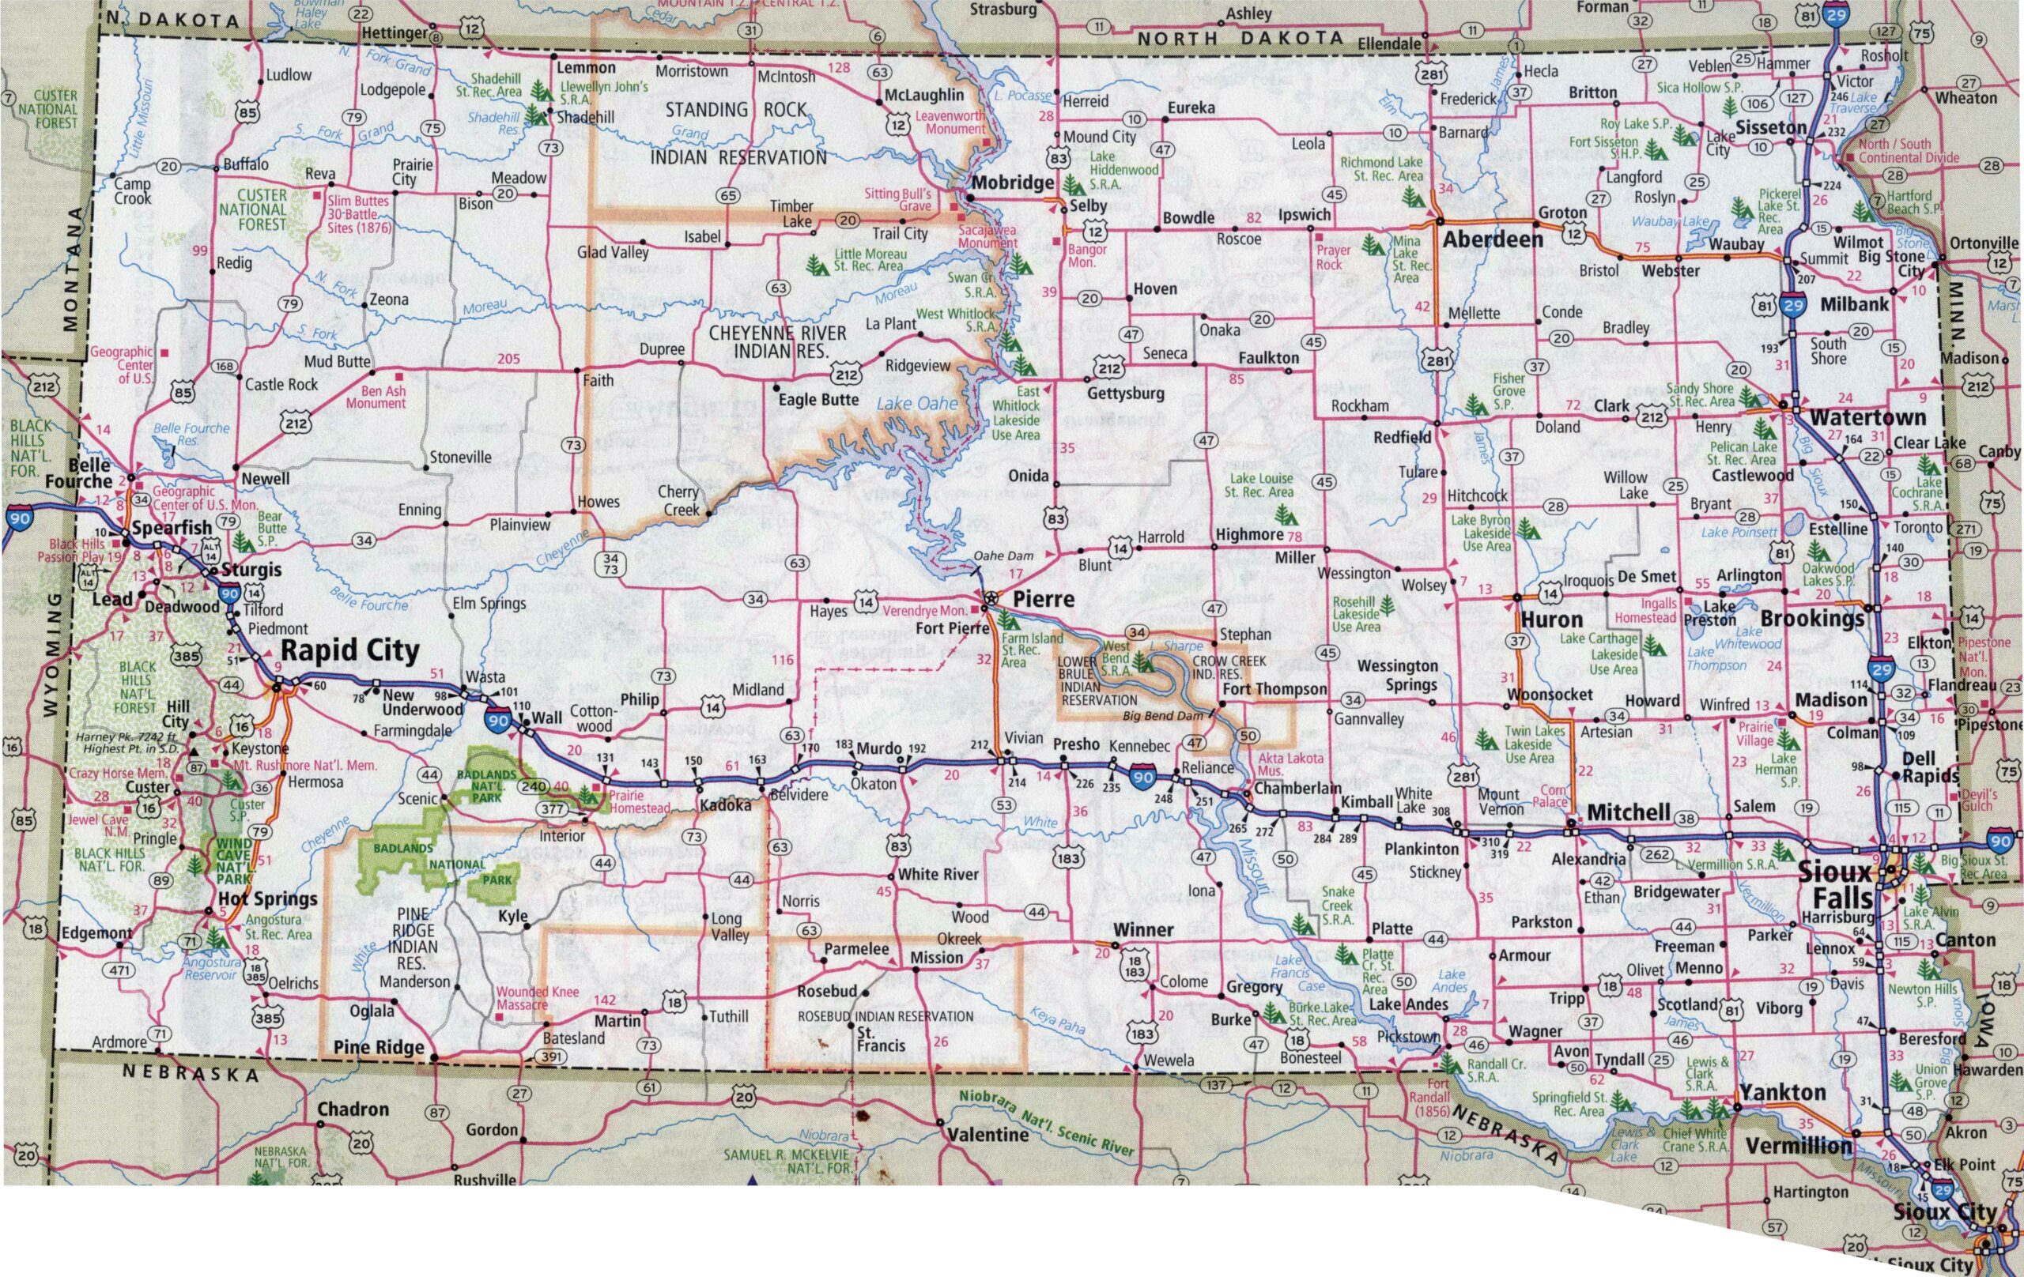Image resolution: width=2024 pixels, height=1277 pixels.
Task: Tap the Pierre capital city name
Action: click(x=1043, y=599)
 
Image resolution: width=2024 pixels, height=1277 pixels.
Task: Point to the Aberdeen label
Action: click(x=1493, y=239)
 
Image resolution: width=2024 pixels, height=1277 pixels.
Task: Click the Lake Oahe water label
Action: click(x=917, y=404)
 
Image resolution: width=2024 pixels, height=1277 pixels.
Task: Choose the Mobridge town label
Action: click(x=1012, y=183)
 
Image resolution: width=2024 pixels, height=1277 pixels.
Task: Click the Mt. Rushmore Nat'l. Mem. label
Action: click(x=305, y=766)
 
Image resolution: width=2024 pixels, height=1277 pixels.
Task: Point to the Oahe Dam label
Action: click(x=1003, y=556)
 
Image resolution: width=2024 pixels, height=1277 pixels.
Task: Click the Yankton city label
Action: click(x=1783, y=1092)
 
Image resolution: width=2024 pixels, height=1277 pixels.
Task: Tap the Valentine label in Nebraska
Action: click(x=987, y=1134)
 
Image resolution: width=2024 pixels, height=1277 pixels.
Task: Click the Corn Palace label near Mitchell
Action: click(x=1553, y=796)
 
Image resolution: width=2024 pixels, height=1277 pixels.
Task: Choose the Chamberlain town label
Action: click(x=1297, y=788)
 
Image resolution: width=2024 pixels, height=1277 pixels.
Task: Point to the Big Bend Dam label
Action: click(x=1162, y=716)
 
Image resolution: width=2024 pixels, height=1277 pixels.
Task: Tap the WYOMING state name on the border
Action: click(x=52, y=655)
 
